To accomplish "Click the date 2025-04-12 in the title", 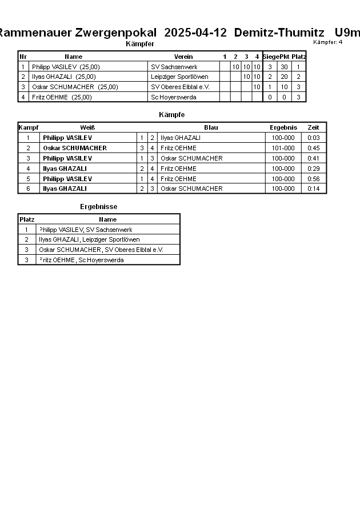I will click(195, 33).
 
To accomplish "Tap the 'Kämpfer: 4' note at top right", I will click(328, 42).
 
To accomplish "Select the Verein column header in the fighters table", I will click(183, 57).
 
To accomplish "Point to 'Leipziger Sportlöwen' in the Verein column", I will click(179, 77).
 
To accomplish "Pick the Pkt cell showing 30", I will click(284, 67).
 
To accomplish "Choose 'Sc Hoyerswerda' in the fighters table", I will click(174, 97).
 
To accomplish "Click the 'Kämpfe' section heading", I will click(171, 115).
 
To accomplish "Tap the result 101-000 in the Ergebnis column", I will click(283, 148).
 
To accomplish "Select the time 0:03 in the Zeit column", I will click(313, 138).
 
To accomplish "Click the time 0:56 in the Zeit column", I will click(313, 179).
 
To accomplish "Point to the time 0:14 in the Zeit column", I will click(313, 189).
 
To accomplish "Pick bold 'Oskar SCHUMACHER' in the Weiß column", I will click(75, 148).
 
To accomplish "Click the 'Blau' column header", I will click(211, 127).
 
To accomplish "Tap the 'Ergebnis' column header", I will click(283, 127).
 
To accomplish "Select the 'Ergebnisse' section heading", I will click(98, 207).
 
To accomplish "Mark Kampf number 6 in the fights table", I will click(28, 189).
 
